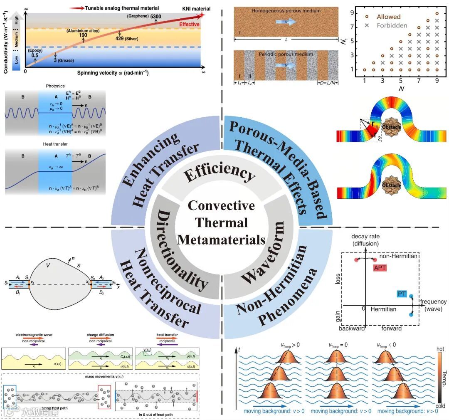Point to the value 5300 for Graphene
pyautogui.click(x=156, y=16)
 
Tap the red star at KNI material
pyautogui.click(x=202, y=15)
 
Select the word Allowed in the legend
pyautogui.click(x=388, y=17)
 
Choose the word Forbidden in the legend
pyautogui.click(x=392, y=25)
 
